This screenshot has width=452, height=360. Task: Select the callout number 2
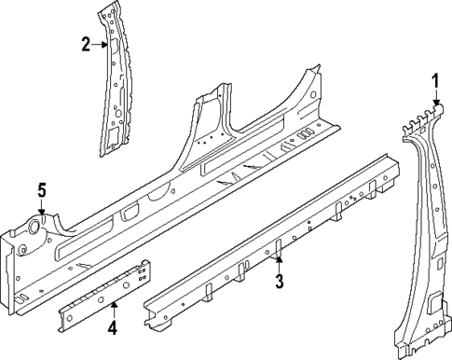(x=85, y=43)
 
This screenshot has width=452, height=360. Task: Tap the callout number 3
(x=279, y=280)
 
